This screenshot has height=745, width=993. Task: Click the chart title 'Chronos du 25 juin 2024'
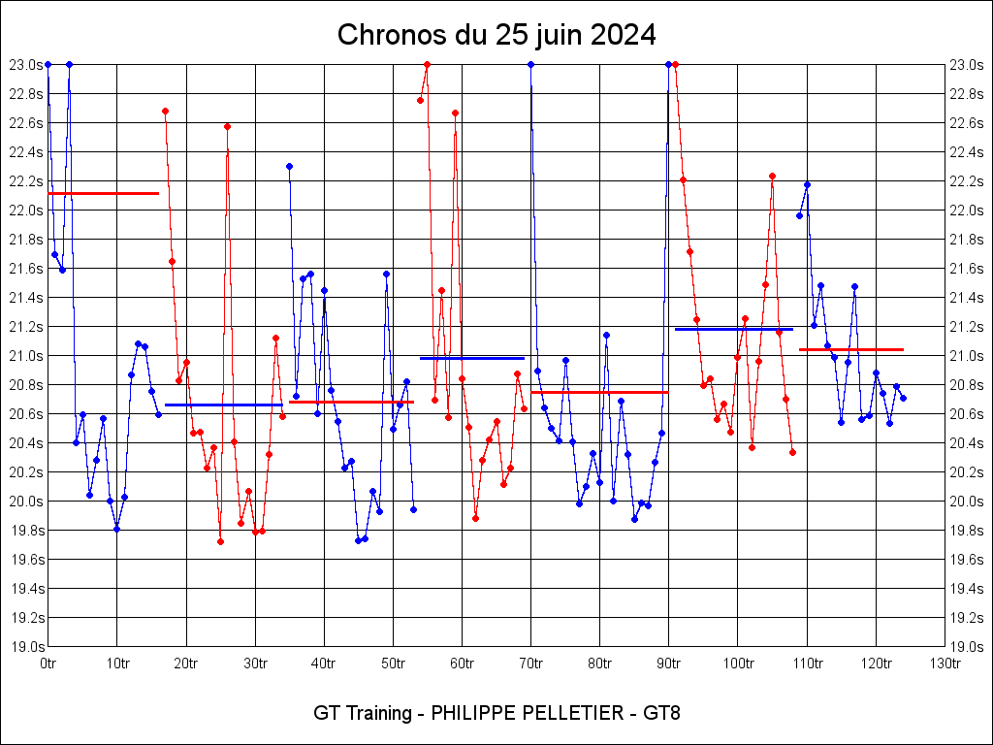pos(496,36)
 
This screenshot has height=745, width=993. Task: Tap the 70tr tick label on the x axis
pos(530,664)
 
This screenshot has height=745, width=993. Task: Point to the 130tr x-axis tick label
pos(945,664)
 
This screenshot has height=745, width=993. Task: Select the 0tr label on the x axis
pos(48,664)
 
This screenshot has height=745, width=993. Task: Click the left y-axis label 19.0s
pos(26,647)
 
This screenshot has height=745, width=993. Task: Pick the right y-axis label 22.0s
pos(966,211)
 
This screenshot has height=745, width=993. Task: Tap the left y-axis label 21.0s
pos(26,356)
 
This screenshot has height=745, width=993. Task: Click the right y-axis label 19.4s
pos(966,589)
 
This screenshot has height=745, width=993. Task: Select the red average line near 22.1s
pos(103,193)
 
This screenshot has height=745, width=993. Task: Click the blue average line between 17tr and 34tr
pos(223,405)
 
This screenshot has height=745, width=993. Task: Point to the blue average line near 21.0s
pos(472,358)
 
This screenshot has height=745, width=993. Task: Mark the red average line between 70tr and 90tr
pos(599,392)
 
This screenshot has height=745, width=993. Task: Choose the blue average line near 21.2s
pos(733,329)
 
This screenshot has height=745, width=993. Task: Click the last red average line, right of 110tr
pos(851,349)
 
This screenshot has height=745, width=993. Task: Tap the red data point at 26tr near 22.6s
pos(227,126)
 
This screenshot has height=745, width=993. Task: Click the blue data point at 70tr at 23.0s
pos(530,64)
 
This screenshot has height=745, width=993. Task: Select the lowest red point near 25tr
pos(220,541)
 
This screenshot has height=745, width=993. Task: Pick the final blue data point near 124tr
pos(903,398)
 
